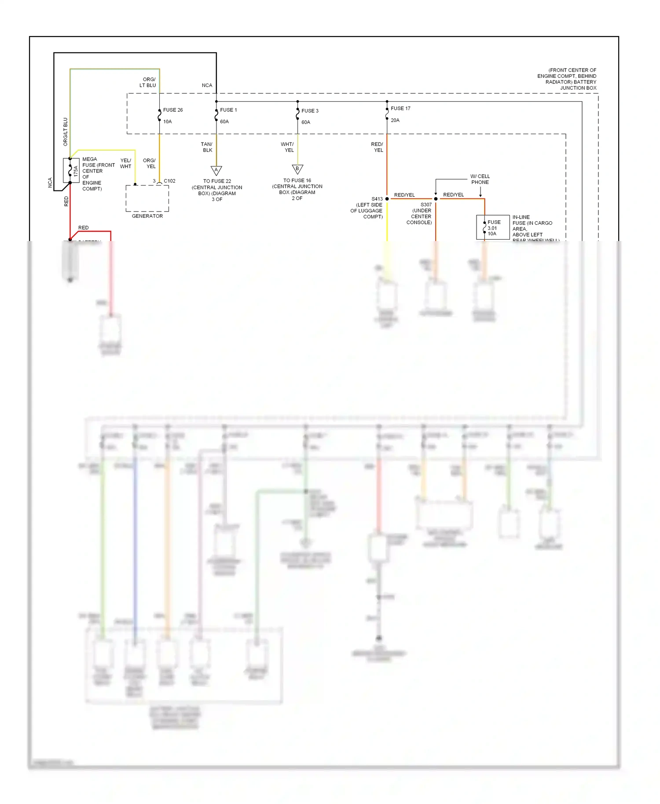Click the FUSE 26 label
point(172,110)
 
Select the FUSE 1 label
point(228,110)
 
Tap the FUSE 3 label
point(310,111)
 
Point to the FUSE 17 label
point(400,108)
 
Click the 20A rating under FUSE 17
point(395,120)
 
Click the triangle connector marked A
point(216,170)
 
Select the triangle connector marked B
point(297,169)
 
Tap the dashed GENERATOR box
point(147,198)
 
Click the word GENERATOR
point(147,216)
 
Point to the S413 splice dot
point(387,199)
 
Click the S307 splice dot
point(436,199)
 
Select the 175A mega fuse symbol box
point(71,170)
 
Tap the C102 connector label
point(169,181)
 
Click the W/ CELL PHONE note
point(480,179)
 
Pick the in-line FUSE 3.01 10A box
point(492,227)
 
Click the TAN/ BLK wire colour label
point(207,147)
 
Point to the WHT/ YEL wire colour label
point(287,147)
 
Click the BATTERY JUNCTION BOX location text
point(568,79)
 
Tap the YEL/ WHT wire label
point(125,163)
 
